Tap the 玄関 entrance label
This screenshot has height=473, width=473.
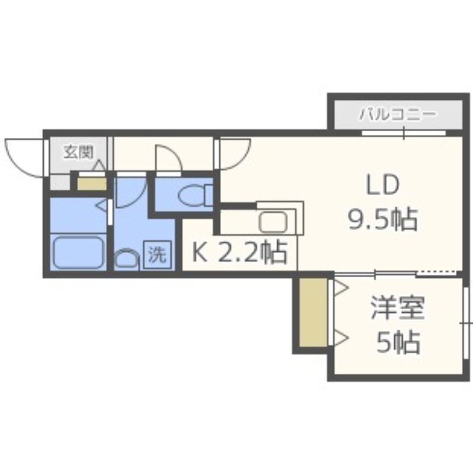point(79,152)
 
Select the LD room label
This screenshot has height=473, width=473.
point(382,186)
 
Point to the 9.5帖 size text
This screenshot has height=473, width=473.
point(382,221)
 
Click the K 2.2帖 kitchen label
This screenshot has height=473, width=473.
point(239,253)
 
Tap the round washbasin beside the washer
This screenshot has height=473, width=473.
point(125,260)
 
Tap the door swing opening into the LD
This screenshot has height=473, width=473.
point(234,153)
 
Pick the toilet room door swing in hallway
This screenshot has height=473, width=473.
point(169,158)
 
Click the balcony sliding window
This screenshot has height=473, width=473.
point(404,133)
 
